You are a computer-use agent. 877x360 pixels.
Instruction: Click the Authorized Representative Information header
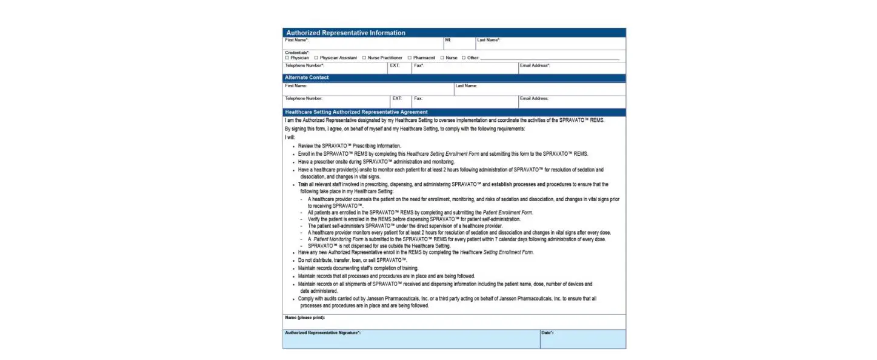345,33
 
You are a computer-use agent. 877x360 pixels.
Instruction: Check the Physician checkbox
287,58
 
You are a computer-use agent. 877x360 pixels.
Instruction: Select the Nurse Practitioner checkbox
364,58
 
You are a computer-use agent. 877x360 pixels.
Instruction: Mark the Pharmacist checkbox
410,58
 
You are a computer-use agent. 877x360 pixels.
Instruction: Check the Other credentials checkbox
464,58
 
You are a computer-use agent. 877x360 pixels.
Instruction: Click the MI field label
447,40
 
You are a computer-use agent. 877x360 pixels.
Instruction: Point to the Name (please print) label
304,318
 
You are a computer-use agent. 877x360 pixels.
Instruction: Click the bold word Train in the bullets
303,184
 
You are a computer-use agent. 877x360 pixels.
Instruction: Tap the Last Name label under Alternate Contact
466,86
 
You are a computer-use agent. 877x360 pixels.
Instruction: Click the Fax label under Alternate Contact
418,98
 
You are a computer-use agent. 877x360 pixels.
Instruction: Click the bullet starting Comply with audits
447,299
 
